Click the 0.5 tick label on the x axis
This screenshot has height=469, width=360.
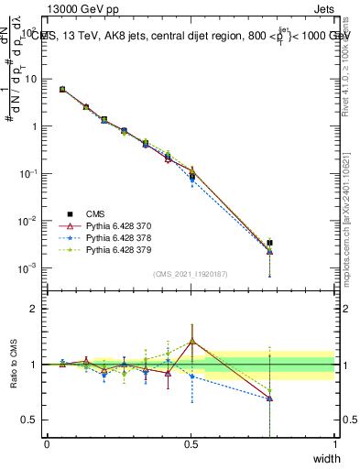[191, 444]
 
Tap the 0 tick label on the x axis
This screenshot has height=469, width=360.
[47, 444]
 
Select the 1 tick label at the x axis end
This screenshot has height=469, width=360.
[334, 444]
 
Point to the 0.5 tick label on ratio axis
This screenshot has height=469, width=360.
[28, 420]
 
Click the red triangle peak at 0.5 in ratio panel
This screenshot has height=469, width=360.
[191, 342]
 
